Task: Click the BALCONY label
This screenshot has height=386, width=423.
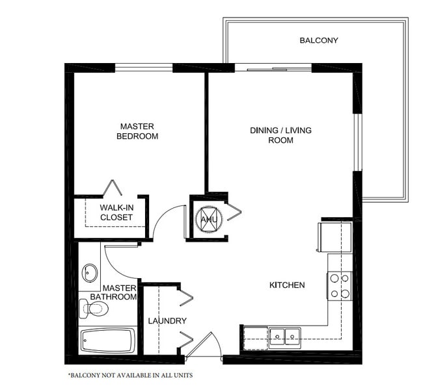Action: click(x=318, y=40)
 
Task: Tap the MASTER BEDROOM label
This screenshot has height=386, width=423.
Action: click(x=137, y=131)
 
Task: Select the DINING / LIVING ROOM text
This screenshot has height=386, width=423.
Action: click(x=280, y=135)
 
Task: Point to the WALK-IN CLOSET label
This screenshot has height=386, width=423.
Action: click(x=116, y=212)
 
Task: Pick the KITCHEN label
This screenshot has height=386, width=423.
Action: click(x=287, y=285)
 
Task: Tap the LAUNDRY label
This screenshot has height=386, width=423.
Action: click(x=167, y=321)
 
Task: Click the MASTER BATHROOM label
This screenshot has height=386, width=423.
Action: click(x=118, y=292)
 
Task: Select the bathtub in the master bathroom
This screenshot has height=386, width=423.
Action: click(x=108, y=341)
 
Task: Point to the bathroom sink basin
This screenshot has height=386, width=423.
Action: click(x=90, y=272)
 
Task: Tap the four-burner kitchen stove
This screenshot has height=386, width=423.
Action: click(x=339, y=286)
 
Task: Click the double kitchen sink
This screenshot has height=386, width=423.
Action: click(x=285, y=336)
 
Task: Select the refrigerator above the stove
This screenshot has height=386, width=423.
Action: click(x=334, y=237)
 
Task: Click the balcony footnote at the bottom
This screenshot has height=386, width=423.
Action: click(x=130, y=376)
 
